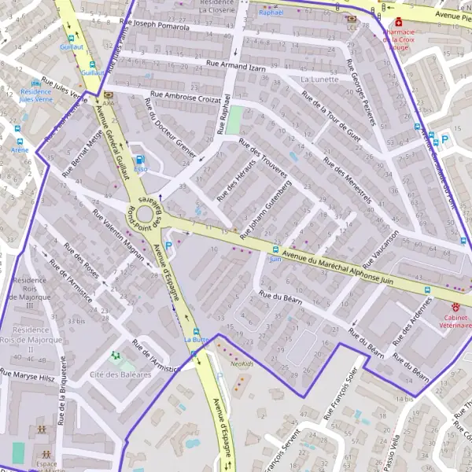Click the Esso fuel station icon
point(140,159)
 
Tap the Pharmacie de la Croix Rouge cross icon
point(399,22)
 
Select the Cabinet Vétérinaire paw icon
point(455,305)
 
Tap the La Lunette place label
point(319,79)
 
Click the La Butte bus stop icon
point(197,332)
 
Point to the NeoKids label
point(242,364)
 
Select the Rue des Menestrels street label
point(347,182)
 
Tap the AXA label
point(108,102)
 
